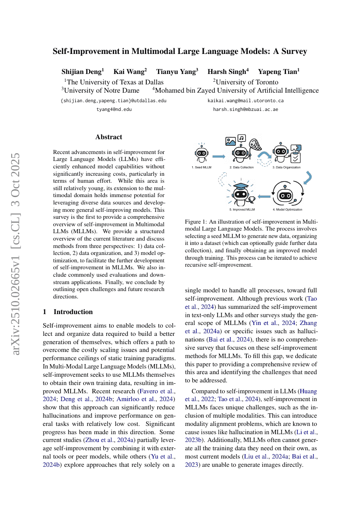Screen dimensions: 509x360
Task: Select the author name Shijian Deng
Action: pos(81,72)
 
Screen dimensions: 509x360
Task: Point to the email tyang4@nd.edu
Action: pos(114,110)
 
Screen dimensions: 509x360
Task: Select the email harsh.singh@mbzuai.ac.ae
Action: pos(246,110)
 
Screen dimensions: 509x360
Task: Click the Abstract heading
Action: pos(109,137)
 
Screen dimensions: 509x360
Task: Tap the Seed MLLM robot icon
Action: pos(201,154)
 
